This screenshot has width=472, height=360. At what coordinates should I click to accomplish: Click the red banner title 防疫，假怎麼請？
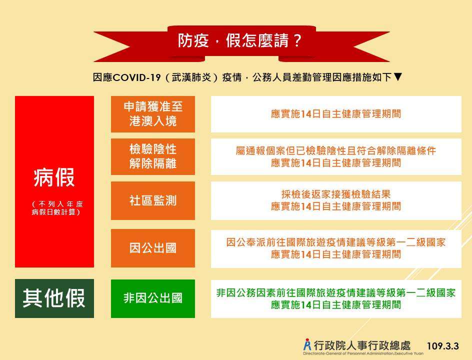point(239,40)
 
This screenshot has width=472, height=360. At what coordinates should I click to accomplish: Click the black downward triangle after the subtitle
point(397,77)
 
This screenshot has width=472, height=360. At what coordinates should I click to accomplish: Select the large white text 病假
point(54,177)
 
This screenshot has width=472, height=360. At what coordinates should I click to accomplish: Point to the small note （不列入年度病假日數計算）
point(57,208)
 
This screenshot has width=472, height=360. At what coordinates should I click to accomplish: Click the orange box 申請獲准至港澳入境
point(153,114)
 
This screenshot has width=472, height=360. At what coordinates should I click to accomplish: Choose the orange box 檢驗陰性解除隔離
point(153,157)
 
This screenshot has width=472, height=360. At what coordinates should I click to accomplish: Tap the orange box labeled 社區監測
point(153,201)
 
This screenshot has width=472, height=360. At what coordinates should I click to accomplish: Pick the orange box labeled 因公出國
point(153,248)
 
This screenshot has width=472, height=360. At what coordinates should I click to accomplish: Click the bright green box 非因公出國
point(153,298)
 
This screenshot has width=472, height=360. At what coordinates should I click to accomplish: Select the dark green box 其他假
point(54,298)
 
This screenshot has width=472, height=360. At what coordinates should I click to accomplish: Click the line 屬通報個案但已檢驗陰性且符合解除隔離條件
point(336,150)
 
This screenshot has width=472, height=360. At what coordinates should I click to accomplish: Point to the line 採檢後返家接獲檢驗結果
point(336,194)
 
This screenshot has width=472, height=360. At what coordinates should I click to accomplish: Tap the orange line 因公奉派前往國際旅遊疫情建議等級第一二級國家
point(336,242)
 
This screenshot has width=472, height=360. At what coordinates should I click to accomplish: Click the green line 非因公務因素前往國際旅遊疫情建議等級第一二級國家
point(336,292)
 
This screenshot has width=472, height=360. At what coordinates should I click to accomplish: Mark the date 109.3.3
point(443,346)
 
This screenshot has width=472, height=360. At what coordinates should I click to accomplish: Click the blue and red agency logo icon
point(307,344)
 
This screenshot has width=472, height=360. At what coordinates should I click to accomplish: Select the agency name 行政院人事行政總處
point(362,345)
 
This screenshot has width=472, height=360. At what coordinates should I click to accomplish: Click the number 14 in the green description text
point(306,305)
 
